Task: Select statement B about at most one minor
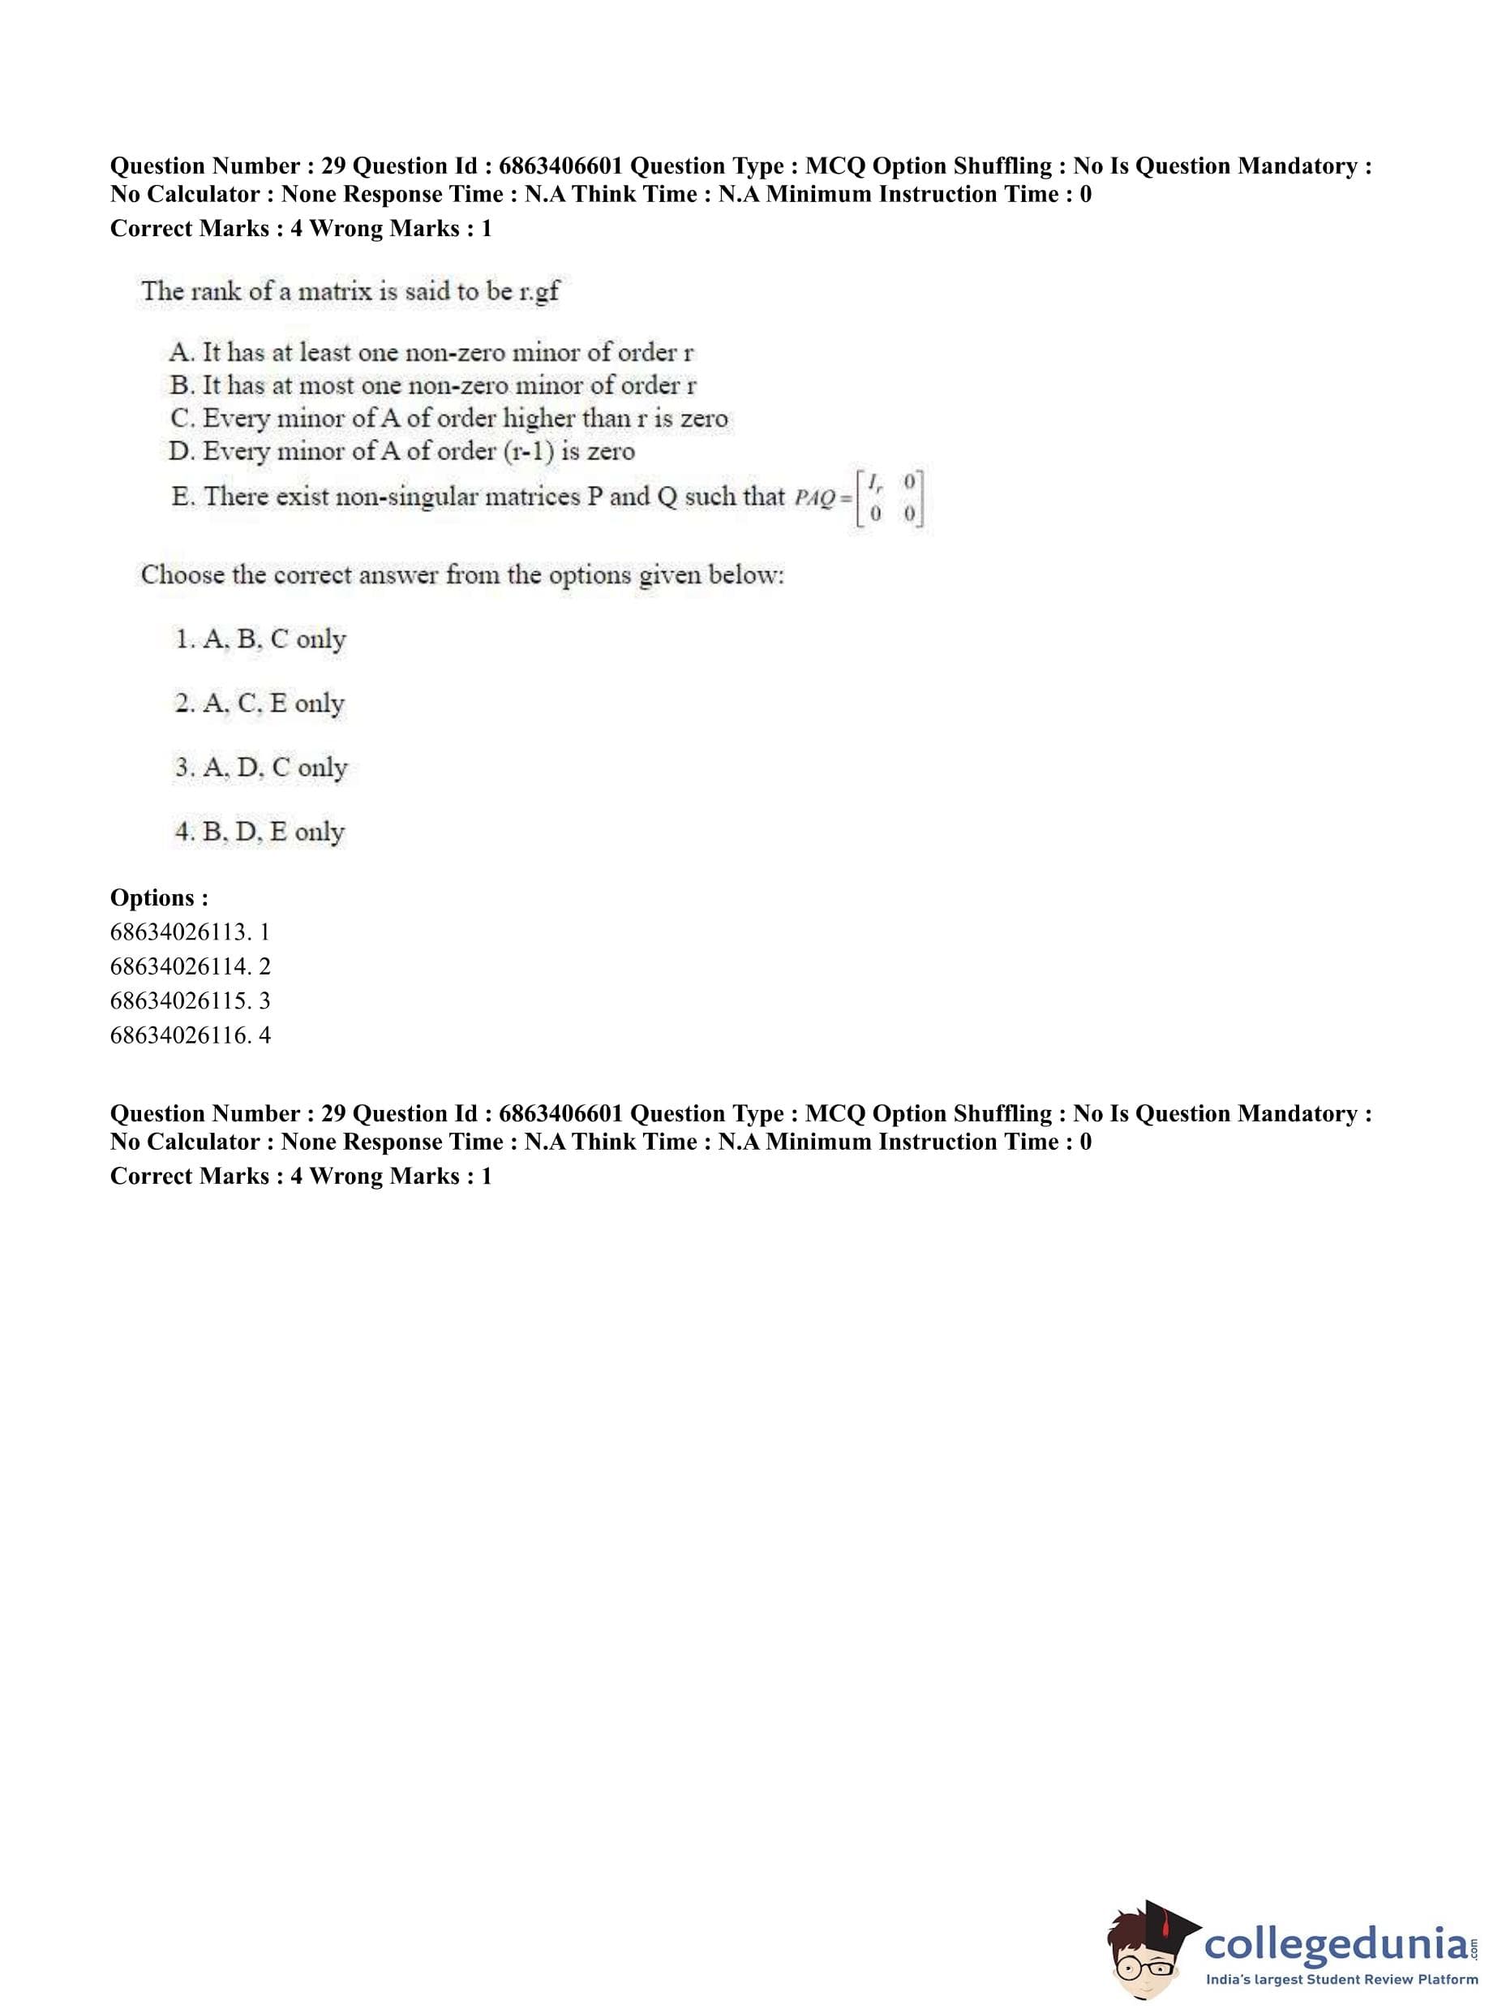click(x=432, y=385)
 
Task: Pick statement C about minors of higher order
click(x=448, y=419)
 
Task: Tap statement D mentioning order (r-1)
click(x=402, y=451)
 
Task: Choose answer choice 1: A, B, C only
click(x=260, y=639)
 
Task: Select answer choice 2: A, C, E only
click(x=260, y=703)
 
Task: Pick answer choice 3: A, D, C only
click(x=261, y=768)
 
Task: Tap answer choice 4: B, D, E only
click(x=260, y=832)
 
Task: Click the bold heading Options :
click(x=160, y=897)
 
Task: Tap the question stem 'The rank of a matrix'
click(x=350, y=291)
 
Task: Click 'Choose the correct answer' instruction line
click(x=462, y=574)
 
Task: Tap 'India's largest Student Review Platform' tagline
click(x=1341, y=1979)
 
